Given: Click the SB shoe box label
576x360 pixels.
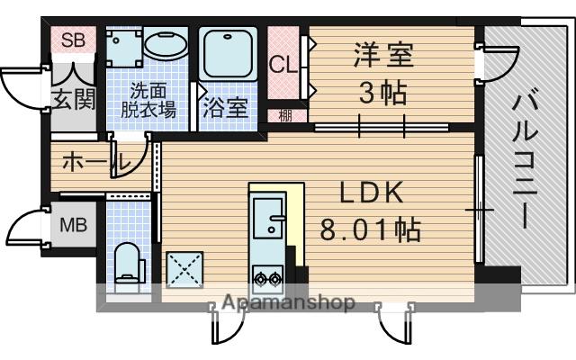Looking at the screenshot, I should [x=72, y=41].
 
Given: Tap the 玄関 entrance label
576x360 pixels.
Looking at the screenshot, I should [x=73, y=98].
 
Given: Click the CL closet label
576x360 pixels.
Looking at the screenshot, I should [x=281, y=65].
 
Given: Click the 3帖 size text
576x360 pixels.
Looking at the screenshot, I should [x=382, y=93].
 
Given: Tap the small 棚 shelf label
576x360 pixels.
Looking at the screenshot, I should [x=285, y=114].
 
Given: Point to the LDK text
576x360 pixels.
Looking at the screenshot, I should [x=371, y=193].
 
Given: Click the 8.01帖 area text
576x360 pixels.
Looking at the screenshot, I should [x=371, y=230].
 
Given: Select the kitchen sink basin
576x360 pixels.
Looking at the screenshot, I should [x=268, y=218].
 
